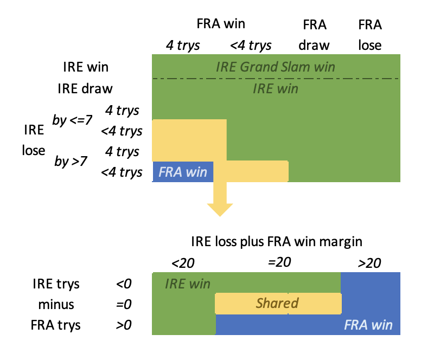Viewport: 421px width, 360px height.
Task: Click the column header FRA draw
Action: [314, 35]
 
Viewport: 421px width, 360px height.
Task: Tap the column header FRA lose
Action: [370, 35]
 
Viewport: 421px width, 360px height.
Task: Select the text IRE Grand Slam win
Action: [276, 67]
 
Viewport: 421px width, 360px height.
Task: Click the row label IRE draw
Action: [85, 88]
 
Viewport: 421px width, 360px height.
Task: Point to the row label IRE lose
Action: [34, 140]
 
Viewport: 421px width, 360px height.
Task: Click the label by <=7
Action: [72, 120]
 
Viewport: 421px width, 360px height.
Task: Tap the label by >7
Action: [71, 161]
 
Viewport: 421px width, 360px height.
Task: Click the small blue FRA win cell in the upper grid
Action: [183, 172]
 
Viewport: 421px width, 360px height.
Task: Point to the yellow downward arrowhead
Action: [220, 210]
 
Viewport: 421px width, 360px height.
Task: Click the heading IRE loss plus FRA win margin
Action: [277, 241]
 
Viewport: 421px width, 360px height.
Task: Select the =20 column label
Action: [279, 262]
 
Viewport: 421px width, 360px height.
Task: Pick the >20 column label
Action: [369, 263]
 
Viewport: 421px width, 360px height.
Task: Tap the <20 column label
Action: [183, 263]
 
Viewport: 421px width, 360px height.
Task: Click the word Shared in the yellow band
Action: [277, 303]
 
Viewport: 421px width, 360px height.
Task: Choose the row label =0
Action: [124, 304]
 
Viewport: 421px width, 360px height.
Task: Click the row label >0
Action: [124, 325]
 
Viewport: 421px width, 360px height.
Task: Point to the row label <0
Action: [124, 284]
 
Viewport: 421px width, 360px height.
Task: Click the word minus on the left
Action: [56, 305]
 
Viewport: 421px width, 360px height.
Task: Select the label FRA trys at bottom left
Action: [55, 325]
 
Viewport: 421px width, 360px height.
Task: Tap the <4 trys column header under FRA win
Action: [251, 45]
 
